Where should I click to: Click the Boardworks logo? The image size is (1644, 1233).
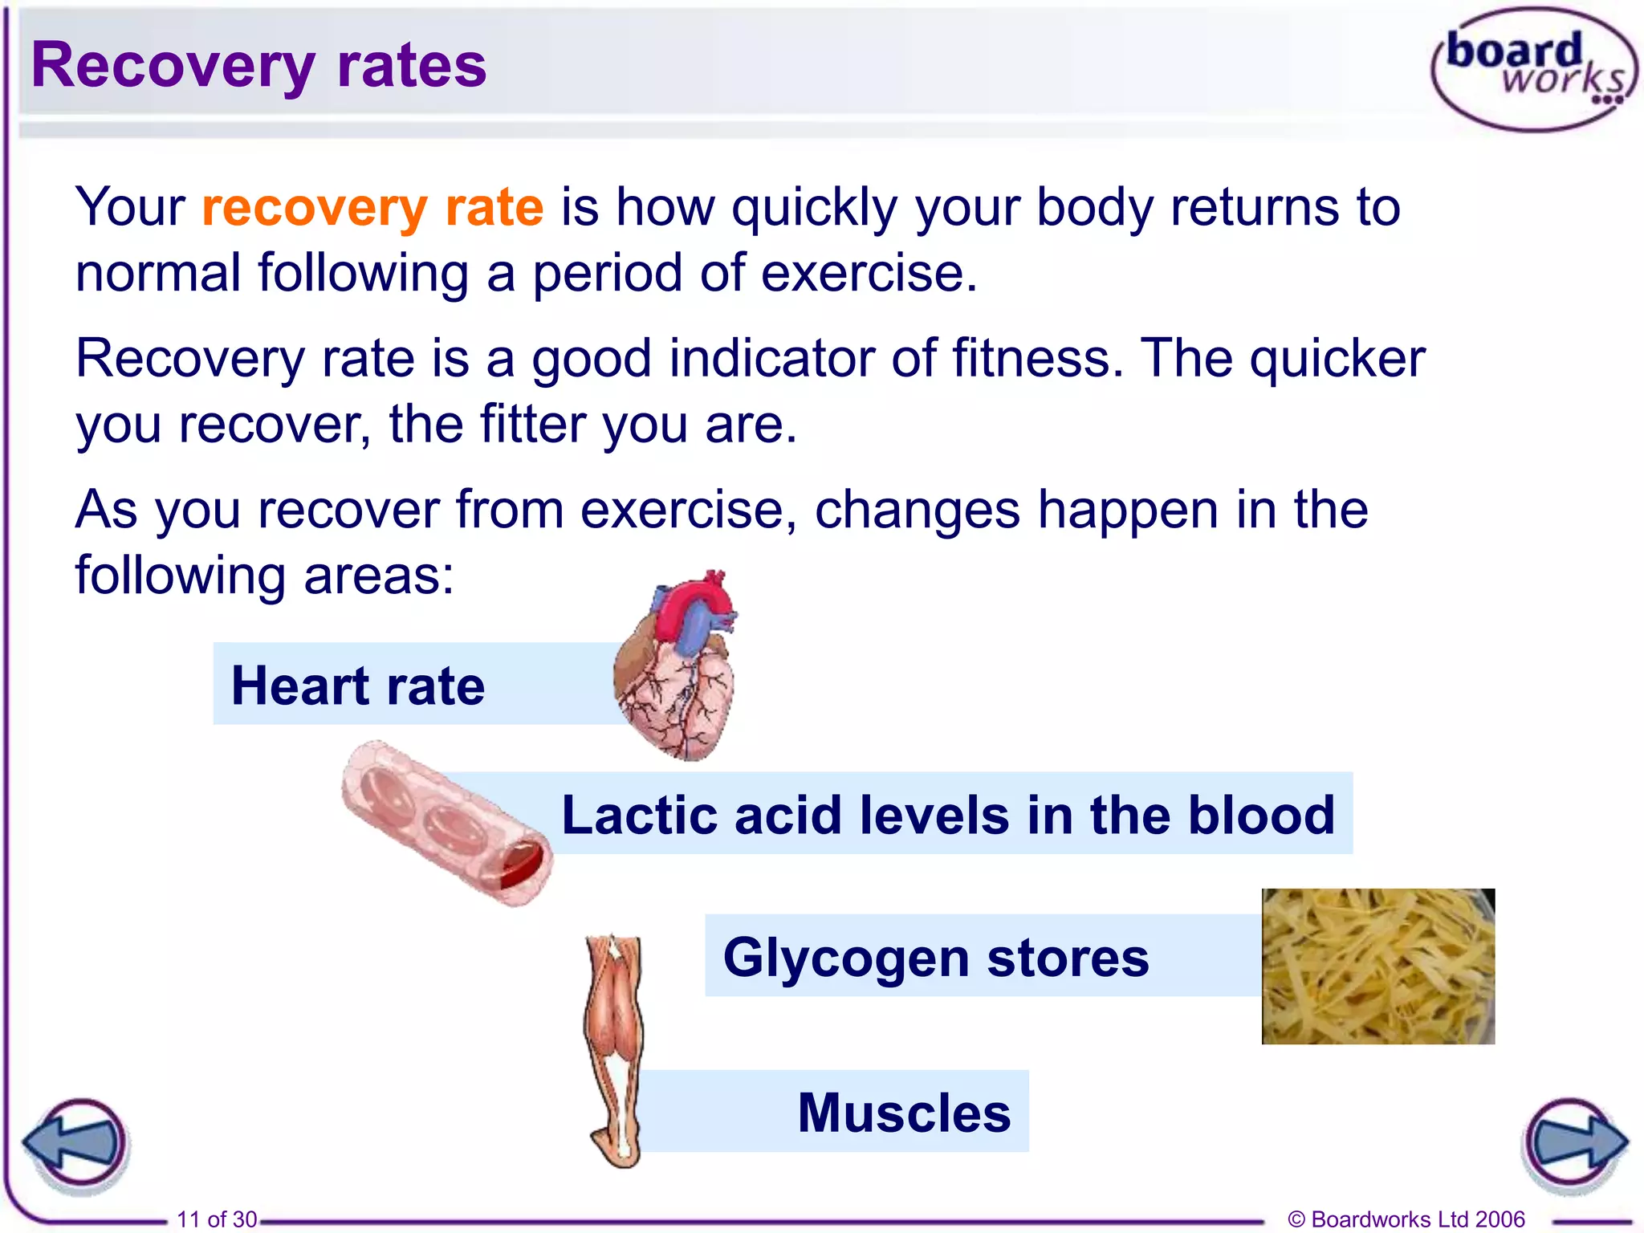coord(1534,69)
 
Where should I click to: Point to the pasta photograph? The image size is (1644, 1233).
coord(1377,966)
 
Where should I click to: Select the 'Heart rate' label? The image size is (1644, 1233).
coord(358,686)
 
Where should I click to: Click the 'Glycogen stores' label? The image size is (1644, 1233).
coord(936,957)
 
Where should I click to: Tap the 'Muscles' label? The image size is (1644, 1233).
coord(904,1113)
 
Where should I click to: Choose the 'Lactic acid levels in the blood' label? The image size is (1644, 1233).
coord(947,815)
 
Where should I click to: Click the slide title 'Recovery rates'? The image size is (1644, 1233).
coord(258,66)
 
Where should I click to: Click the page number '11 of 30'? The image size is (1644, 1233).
coord(217,1219)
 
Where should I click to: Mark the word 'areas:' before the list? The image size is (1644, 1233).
coord(379,576)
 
